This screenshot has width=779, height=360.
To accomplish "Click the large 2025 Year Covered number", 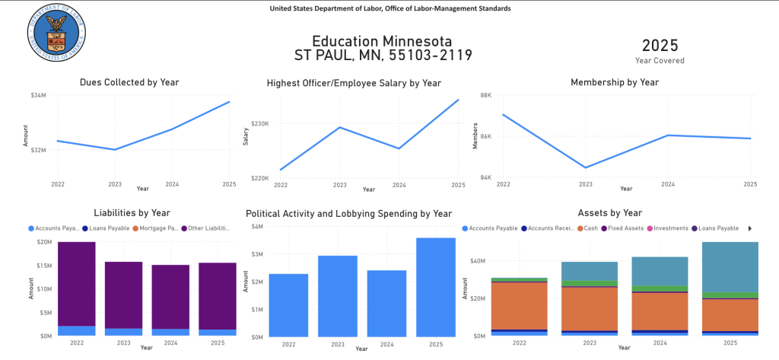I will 660,45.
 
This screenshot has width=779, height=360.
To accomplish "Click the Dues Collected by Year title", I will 129,82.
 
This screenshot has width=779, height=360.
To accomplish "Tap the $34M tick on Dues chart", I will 38,95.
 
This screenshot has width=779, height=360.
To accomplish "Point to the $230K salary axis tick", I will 260,123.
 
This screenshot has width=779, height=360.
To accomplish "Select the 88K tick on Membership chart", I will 485,95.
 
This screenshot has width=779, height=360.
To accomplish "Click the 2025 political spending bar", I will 436,287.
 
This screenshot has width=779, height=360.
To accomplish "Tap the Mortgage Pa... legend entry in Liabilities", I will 158,228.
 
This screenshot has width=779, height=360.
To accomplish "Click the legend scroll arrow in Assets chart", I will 749,228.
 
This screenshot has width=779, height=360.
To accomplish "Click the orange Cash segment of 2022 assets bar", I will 520,305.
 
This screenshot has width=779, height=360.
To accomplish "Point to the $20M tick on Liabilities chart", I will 44,242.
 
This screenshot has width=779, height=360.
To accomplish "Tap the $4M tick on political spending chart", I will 257,227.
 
